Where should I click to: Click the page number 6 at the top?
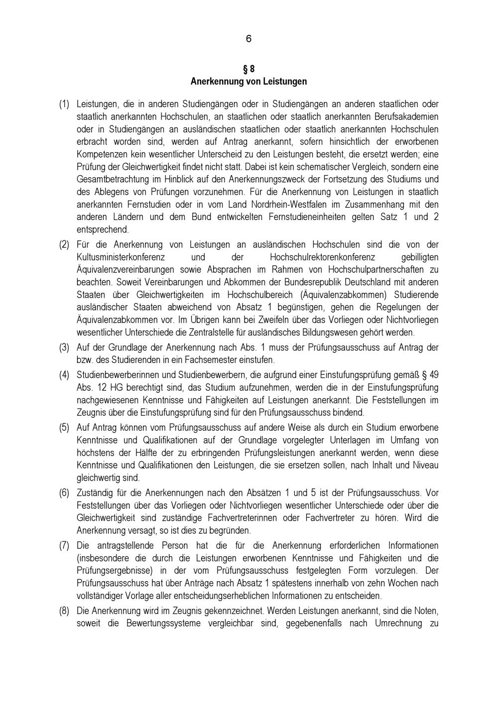coord(249,39)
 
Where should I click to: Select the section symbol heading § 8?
coord(249,69)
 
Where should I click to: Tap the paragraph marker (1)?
coord(64,104)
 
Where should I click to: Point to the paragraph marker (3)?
coord(64,347)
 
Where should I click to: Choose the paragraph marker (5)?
coord(64,427)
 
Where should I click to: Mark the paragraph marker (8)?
coord(64,610)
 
